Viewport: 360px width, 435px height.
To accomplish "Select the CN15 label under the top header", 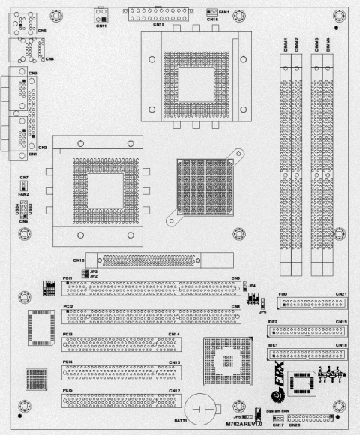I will (x=158, y=24).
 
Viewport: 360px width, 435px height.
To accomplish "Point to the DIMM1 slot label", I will (x=286, y=46).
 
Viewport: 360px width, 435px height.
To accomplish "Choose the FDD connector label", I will (x=282, y=293).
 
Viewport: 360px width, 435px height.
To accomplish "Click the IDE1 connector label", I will (x=274, y=344).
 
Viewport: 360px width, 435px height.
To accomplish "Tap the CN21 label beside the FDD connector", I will (x=341, y=293).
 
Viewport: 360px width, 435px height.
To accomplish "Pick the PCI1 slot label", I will (x=67, y=277).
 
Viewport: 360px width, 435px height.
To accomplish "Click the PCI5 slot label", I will (x=67, y=390).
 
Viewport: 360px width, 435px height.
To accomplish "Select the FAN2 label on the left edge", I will (x=23, y=194).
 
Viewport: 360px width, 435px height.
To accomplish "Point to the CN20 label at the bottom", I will (x=294, y=424).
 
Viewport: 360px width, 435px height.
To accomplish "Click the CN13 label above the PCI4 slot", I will (x=174, y=362).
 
